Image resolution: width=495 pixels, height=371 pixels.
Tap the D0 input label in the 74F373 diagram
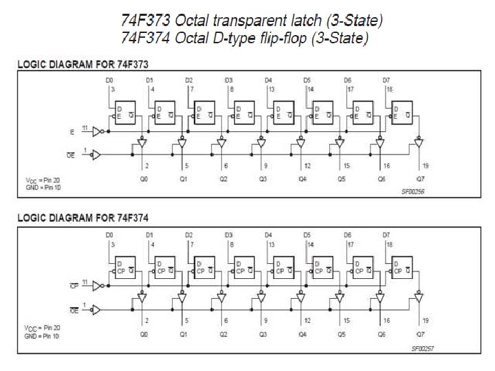coord(109,80)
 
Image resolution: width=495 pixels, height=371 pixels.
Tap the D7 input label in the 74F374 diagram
coord(386,235)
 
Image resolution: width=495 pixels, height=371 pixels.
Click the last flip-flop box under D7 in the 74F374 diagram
coord(402,267)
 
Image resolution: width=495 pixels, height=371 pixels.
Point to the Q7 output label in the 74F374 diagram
coord(420,334)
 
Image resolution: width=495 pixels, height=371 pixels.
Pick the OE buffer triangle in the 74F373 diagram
coord(97,155)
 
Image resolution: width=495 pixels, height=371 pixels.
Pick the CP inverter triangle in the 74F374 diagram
coord(98,284)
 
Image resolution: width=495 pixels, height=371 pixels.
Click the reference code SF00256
coord(413,192)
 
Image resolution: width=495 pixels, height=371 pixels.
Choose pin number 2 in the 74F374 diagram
coord(147,320)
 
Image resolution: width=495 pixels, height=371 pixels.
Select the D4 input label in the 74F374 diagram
coord(268,235)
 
